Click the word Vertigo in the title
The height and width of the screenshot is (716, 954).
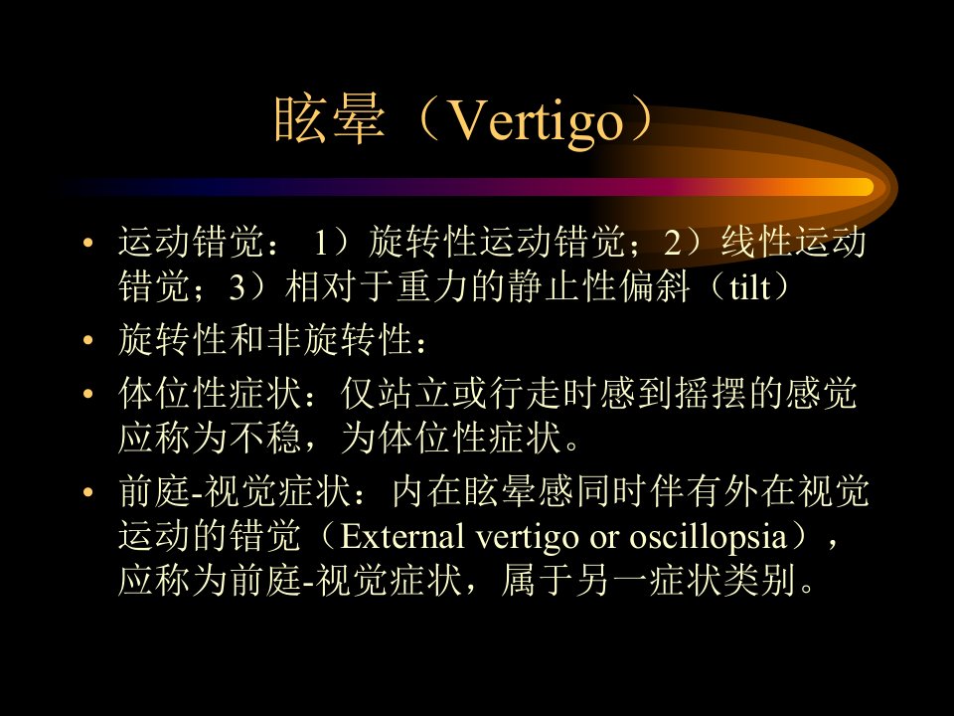point(536,120)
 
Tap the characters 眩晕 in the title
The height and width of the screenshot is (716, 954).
point(330,118)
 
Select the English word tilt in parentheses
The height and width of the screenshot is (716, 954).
point(749,286)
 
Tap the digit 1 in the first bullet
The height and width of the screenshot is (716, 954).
point(321,242)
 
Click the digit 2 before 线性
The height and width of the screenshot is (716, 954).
point(673,242)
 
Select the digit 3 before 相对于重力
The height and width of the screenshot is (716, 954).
point(238,287)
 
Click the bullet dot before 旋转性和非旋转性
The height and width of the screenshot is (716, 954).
point(88,340)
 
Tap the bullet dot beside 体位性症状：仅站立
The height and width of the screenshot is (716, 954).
point(88,394)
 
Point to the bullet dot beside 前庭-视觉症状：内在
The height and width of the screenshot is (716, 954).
point(88,492)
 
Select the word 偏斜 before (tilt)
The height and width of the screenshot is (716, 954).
point(655,286)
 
